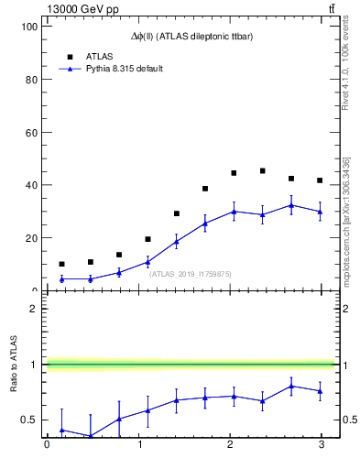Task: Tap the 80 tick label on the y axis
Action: [x=31, y=80]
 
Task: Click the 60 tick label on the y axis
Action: [x=31, y=133]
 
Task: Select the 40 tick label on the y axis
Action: [x=31, y=185]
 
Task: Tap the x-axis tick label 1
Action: [x=139, y=445]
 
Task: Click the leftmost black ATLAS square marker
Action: [x=61, y=264]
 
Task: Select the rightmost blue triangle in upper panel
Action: [x=320, y=212]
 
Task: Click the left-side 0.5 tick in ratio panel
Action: [x=29, y=420]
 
